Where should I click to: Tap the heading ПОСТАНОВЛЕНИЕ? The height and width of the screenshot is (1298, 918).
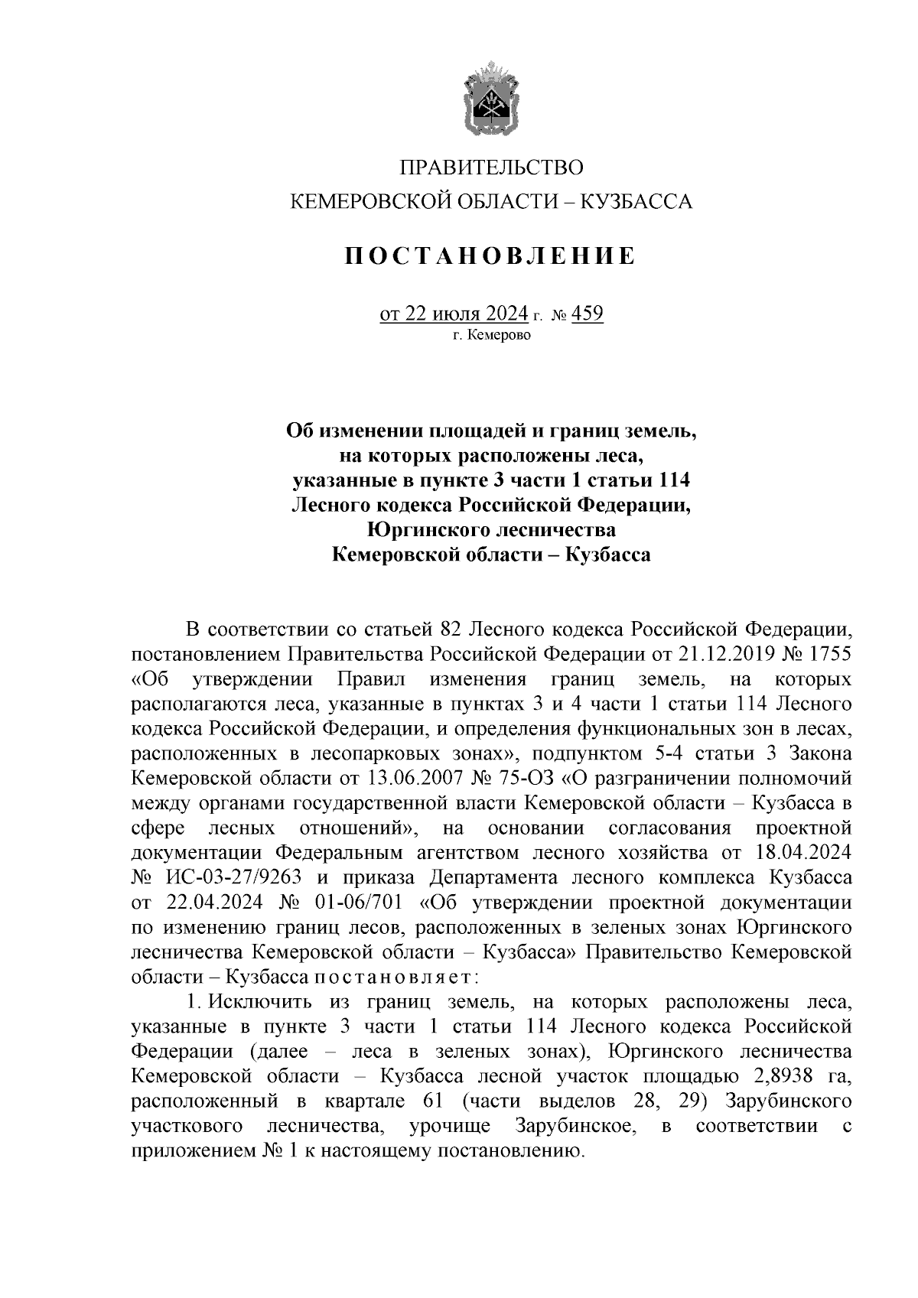click(x=491, y=256)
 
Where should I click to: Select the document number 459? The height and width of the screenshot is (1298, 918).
click(x=587, y=314)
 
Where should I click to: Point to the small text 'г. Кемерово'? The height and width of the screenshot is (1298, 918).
click(x=491, y=335)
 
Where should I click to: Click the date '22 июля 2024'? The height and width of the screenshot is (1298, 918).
click(x=467, y=314)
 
